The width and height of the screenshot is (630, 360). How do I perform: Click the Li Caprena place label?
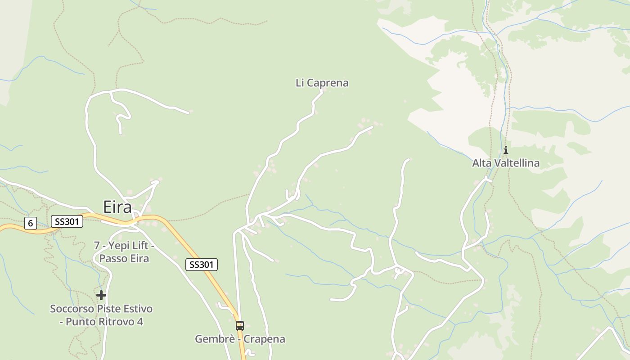[322, 83]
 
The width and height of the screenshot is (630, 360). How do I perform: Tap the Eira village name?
[117, 207]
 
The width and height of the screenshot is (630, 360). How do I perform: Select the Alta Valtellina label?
[505, 163]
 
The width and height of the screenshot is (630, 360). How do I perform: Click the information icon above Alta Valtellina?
[505, 150]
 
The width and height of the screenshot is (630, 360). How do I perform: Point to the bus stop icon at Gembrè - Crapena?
[240, 325]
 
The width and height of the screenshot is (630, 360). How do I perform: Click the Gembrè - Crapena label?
[240, 339]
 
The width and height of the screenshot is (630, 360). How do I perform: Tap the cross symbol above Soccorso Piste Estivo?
[101, 295]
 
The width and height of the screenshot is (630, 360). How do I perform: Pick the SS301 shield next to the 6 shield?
[67, 221]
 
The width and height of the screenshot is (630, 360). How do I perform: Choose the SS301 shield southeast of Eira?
[202, 265]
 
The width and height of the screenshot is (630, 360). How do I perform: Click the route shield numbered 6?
[30, 223]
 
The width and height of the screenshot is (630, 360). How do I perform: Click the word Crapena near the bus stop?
[265, 339]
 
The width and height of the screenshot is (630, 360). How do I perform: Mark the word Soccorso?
[72, 309]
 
